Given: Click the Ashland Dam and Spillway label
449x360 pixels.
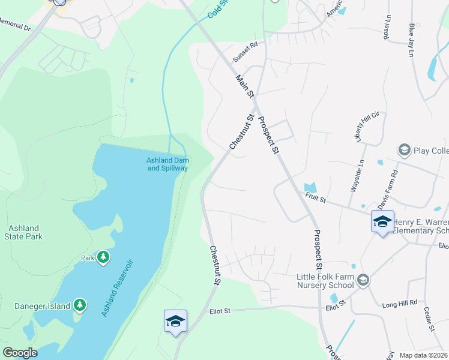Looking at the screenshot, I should [x=167, y=164].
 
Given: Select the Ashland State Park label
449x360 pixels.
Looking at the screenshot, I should [x=24, y=232].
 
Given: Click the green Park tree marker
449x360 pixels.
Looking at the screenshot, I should [x=103, y=257].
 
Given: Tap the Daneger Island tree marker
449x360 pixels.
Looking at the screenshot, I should [x=80, y=305].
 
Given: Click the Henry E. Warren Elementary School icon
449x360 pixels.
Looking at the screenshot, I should [x=382, y=221].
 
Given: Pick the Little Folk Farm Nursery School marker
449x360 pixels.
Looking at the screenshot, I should [x=363, y=280].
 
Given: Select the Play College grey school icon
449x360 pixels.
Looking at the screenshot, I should [x=404, y=149].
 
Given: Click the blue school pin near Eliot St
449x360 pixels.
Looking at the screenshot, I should [x=175, y=321].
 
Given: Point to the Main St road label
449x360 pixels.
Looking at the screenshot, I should [x=246, y=88].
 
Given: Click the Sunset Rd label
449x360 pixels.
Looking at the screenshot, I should [x=245, y=52].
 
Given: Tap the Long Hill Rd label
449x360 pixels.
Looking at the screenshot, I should [x=399, y=305].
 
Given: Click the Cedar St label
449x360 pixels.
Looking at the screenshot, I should [x=430, y=320].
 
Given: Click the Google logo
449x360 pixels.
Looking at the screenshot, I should [x=20, y=353].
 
